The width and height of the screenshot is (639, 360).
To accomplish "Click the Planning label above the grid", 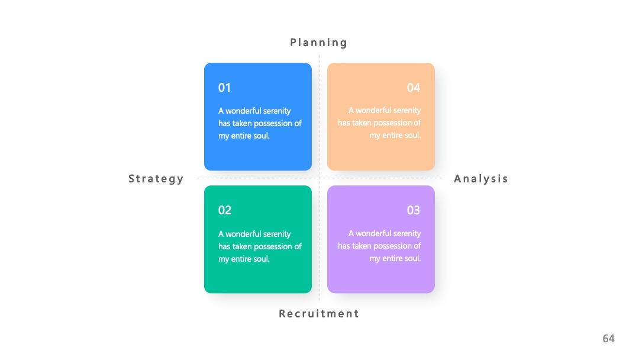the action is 319,43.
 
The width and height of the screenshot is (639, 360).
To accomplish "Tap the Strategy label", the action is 156,179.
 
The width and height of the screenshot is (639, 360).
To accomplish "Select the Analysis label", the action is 481,179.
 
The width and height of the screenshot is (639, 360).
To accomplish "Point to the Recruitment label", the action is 319,314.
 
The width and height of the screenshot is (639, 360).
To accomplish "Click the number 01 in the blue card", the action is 225,88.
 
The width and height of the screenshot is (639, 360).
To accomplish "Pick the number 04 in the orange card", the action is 414,88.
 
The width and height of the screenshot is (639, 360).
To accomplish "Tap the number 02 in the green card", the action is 225,210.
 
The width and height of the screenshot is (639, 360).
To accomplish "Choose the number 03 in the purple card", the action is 414,210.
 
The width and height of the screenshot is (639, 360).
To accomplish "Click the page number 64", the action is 608,339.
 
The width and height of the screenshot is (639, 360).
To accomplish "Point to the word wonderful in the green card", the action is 243,234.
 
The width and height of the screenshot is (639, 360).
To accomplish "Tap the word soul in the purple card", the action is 413,259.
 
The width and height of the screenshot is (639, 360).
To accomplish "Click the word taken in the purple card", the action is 362,246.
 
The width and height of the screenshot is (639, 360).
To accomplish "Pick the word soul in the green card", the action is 262,259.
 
